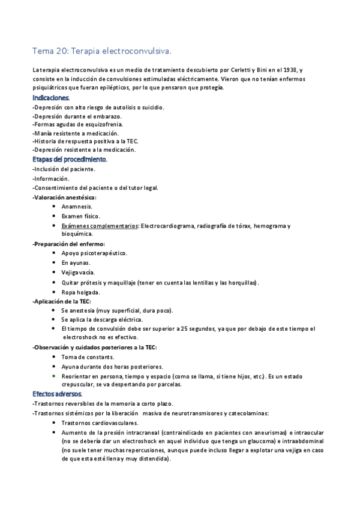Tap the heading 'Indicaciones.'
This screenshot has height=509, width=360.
[51, 97]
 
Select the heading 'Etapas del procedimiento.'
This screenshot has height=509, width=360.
[70, 160]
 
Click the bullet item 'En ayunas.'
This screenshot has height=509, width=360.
[76, 263]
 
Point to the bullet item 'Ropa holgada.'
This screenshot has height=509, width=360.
[80, 292]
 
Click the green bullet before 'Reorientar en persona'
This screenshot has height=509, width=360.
[55, 375]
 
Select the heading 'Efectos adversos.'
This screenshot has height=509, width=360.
[57, 394]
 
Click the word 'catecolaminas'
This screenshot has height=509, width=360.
[248, 413]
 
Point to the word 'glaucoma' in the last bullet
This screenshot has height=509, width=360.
[247, 441]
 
